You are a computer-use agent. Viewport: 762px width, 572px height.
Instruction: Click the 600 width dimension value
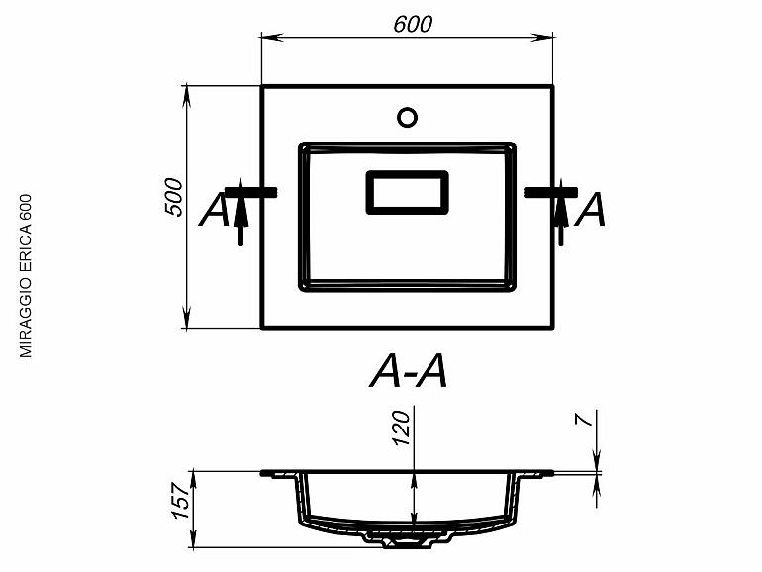click(x=411, y=25)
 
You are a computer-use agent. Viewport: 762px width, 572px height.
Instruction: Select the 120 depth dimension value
click(x=402, y=427)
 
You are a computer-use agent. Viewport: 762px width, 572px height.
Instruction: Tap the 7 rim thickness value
click(x=587, y=420)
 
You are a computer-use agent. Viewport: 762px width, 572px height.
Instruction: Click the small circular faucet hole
click(x=407, y=117)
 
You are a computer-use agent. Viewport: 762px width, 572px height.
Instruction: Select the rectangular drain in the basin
click(x=407, y=192)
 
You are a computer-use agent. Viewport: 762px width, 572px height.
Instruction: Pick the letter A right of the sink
click(x=591, y=210)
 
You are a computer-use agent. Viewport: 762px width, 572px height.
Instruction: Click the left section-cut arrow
click(x=239, y=213)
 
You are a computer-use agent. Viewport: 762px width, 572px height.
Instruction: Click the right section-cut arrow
click(x=561, y=213)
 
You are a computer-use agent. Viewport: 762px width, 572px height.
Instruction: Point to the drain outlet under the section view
click(x=406, y=539)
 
